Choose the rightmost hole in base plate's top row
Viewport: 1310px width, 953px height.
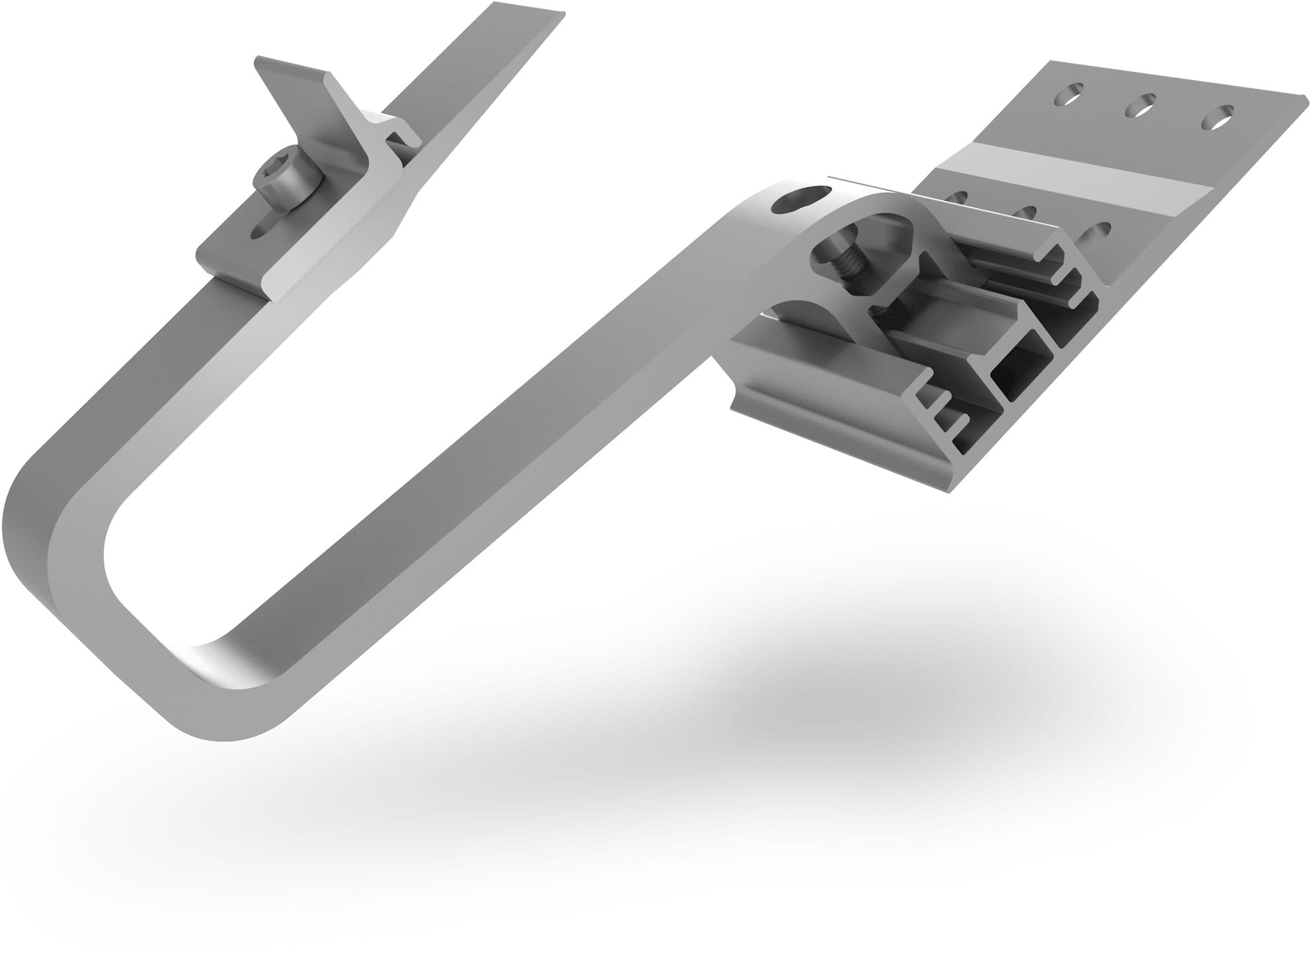coord(1217,116)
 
